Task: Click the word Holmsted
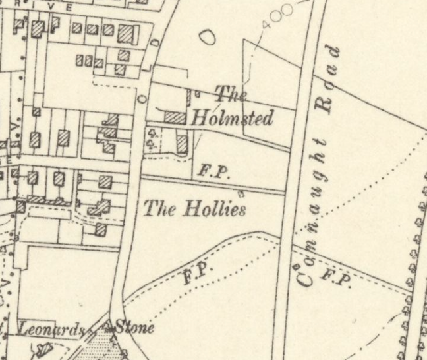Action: pos(231,119)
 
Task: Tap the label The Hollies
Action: pos(195,210)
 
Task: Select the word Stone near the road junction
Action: pos(134,327)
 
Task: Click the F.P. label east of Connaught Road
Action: pos(334,278)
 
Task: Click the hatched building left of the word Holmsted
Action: pos(175,117)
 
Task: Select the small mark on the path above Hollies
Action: pos(241,193)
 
